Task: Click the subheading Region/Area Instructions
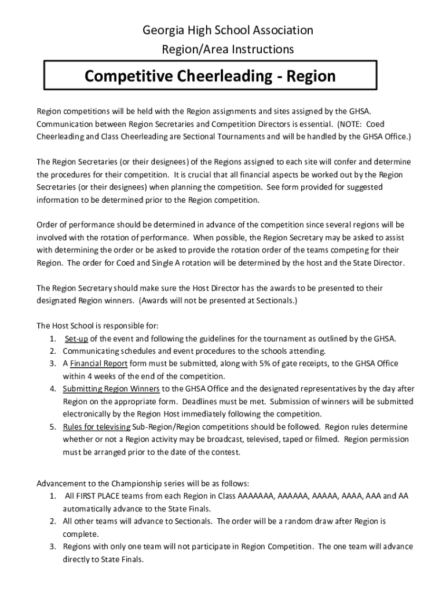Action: tap(228, 49)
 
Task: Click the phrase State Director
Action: tap(378, 262)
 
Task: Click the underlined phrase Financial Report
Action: tap(95, 364)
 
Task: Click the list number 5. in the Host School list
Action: tap(52, 427)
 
